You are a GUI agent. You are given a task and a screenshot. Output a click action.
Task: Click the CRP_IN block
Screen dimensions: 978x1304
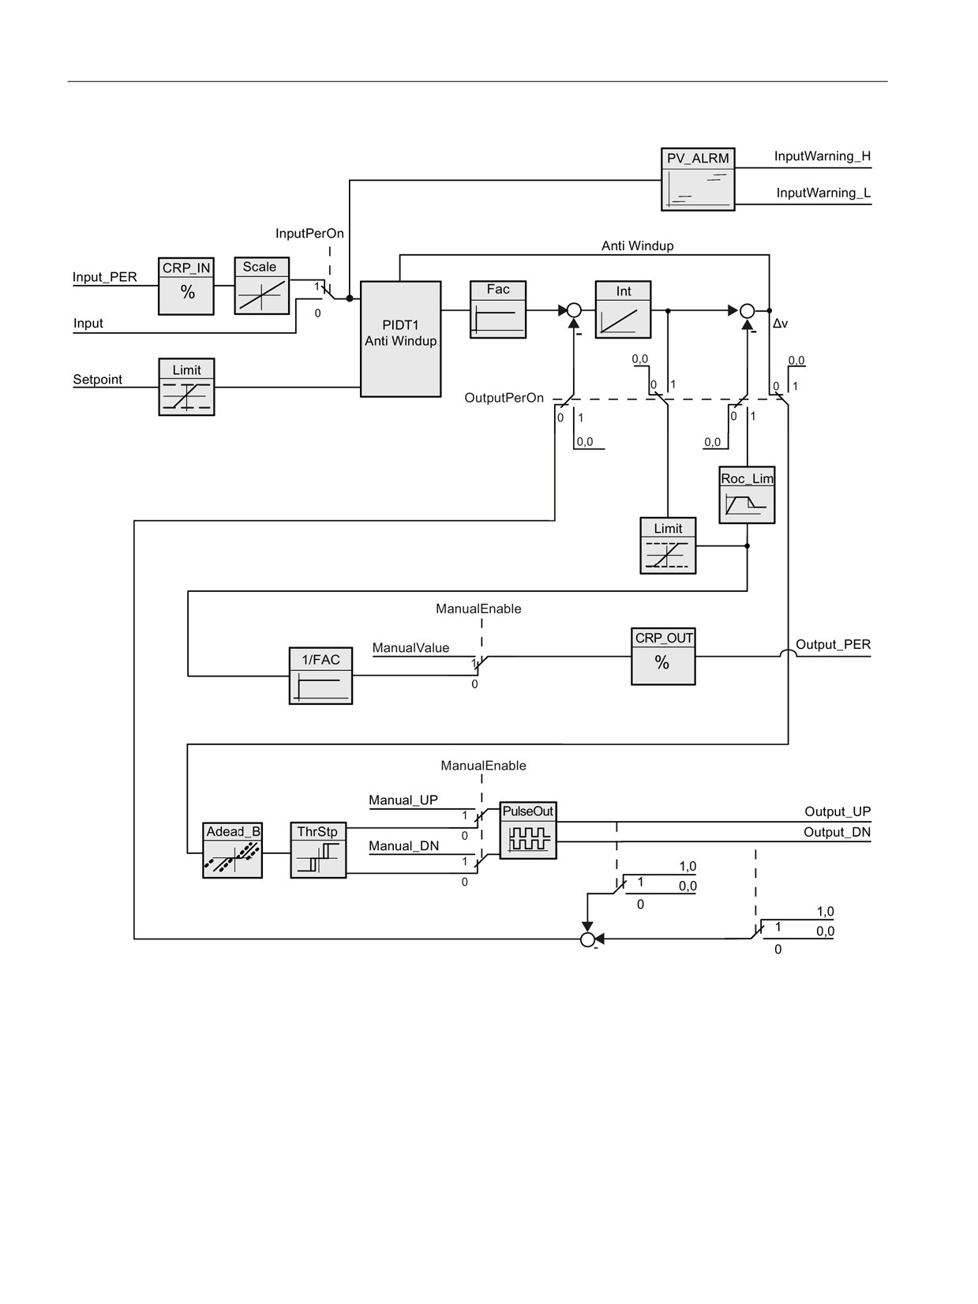point(185,286)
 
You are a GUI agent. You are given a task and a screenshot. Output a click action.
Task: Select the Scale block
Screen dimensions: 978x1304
point(262,286)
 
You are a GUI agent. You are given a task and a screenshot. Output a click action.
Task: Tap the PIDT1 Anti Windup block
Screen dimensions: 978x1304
point(401,339)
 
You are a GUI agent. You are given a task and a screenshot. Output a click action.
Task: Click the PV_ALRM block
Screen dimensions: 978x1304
point(698,179)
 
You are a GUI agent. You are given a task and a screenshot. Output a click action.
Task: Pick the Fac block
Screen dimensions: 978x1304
point(497,309)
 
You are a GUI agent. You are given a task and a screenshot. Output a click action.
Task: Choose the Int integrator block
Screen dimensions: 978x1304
point(623,309)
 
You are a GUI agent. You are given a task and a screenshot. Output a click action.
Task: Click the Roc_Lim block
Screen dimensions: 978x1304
point(747,495)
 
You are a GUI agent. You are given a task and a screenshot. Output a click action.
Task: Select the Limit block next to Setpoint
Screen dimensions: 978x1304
point(186,387)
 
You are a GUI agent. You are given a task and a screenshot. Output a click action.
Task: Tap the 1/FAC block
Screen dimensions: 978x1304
point(320,676)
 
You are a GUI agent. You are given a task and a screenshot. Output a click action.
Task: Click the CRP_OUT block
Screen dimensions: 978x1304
point(663,657)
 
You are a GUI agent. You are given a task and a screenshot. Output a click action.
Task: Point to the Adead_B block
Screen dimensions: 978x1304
point(232,850)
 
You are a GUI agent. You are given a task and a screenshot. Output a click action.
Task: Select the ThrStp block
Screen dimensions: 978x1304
point(318,850)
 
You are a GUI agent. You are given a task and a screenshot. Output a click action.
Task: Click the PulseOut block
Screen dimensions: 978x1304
point(528,830)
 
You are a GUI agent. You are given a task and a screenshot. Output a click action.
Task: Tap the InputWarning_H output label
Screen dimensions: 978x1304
point(822,156)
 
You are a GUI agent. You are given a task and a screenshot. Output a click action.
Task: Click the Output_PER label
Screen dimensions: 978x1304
point(833,645)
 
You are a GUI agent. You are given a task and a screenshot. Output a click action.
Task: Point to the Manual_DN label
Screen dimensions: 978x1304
point(404,846)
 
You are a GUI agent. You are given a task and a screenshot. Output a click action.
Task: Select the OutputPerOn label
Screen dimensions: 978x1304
point(504,398)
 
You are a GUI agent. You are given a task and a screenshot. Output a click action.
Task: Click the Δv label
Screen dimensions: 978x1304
point(780,324)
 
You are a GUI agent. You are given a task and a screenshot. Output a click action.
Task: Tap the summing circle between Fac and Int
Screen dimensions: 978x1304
point(574,310)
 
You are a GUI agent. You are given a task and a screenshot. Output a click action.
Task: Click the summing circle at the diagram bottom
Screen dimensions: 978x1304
point(587,939)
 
